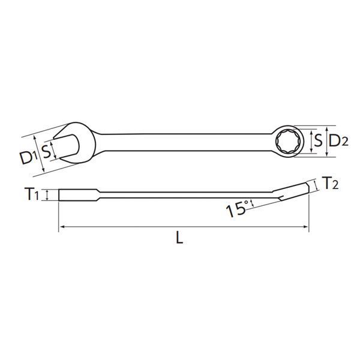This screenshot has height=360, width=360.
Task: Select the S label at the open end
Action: pyautogui.click(x=45, y=148)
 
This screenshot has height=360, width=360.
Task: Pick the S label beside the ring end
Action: pyautogui.click(x=318, y=142)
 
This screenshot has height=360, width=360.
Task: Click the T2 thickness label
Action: pyautogui.click(x=330, y=183)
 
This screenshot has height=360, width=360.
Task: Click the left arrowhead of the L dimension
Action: pyautogui.click(x=61, y=227)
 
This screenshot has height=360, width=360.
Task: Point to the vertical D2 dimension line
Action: pyautogui.click(x=326, y=142)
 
